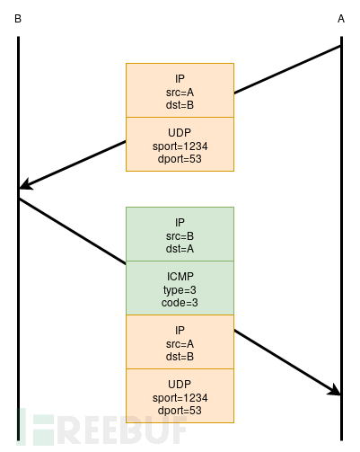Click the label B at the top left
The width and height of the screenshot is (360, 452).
click(x=18, y=18)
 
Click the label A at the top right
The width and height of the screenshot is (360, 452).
click(x=341, y=18)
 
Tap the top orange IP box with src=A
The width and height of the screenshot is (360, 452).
click(x=180, y=90)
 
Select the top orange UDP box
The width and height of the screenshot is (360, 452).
click(x=180, y=144)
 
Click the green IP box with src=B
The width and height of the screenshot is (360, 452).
click(x=180, y=234)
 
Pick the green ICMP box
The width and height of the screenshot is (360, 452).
click(x=180, y=288)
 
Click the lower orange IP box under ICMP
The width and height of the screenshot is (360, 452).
click(x=180, y=341)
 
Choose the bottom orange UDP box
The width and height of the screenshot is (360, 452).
click(x=180, y=395)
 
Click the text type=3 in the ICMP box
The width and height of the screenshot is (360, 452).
click(x=180, y=288)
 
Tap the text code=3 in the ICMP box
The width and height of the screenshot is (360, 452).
click(x=180, y=302)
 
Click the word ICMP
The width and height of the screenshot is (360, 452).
click(x=180, y=275)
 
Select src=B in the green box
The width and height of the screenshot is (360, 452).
click(x=180, y=235)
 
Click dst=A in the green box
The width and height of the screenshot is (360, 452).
click(x=180, y=248)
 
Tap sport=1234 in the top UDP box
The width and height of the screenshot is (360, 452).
click(x=180, y=146)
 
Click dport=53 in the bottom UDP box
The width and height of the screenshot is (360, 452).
click(x=180, y=410)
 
